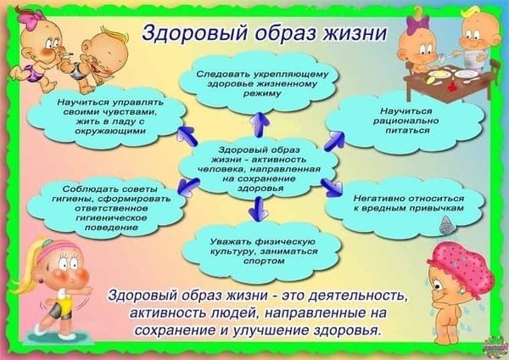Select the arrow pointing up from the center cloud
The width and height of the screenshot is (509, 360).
260,125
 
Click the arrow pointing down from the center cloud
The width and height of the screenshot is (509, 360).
259,209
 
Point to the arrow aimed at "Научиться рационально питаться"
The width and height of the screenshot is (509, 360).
334,140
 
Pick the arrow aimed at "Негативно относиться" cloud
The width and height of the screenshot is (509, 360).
332,188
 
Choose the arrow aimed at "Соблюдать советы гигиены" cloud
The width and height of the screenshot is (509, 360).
187,187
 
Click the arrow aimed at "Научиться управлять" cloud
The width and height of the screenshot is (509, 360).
187,136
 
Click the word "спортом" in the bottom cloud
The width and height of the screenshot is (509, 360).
259,261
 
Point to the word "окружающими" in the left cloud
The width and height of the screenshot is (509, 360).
110,132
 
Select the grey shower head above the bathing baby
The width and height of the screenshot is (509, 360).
446,225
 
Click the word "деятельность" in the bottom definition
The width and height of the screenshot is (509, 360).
355,296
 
